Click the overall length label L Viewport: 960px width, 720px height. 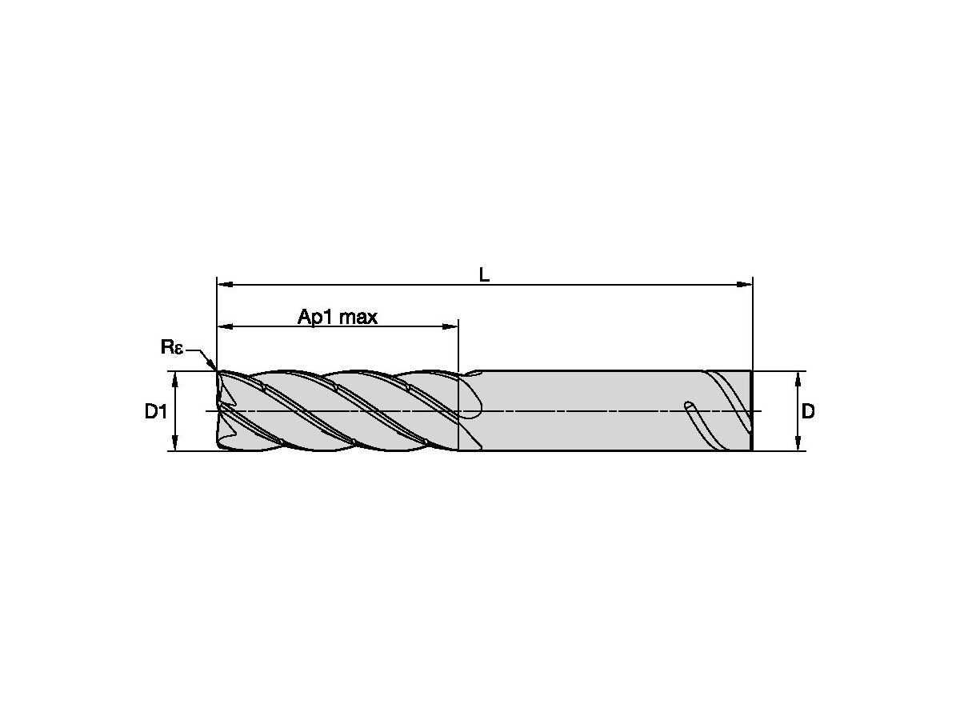[484, 274]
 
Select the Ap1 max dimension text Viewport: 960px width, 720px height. [337, 317]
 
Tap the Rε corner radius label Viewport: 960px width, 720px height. [172, 346]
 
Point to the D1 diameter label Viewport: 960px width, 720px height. [155, 412]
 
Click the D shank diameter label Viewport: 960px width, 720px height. [808, 412]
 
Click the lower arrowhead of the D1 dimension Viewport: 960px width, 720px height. [175, 446]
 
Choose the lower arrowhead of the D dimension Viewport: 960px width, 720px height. [798, 446]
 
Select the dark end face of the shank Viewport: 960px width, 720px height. [751, 410]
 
